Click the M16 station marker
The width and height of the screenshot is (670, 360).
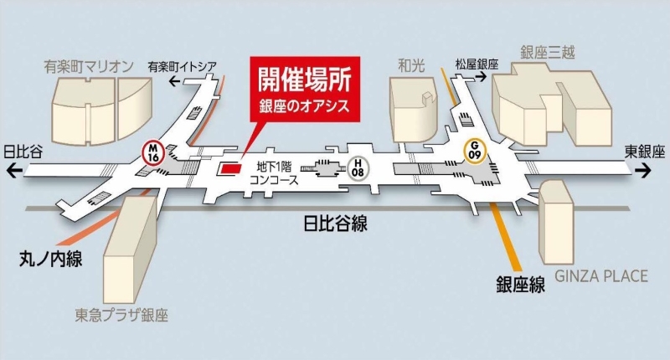(153, 152)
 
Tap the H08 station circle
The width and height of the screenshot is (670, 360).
(358, 167)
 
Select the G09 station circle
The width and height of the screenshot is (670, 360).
(475, 151)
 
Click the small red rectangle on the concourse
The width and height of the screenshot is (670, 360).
(231, 167)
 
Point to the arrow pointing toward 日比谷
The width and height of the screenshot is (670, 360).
(14, 172)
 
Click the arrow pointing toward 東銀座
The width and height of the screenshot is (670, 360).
(643, 171)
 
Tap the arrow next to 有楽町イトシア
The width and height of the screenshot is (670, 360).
(174, 80)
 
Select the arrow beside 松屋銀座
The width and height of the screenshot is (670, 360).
(481, 77)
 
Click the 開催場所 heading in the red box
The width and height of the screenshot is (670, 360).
(304, 79)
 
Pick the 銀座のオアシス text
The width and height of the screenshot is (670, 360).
(304, 106)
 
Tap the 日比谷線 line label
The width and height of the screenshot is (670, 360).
(335, 223)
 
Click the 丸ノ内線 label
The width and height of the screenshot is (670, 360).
(51, 259)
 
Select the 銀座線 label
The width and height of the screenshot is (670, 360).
(520, 284)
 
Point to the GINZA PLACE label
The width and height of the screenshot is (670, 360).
(601, 276)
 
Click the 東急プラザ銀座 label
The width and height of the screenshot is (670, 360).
(121, 315)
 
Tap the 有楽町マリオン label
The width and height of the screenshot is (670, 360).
(89, 67)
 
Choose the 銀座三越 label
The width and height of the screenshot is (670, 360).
(548, 53)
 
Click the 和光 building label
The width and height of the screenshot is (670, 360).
(411, 65)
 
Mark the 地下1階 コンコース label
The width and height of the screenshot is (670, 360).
(274, 172)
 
